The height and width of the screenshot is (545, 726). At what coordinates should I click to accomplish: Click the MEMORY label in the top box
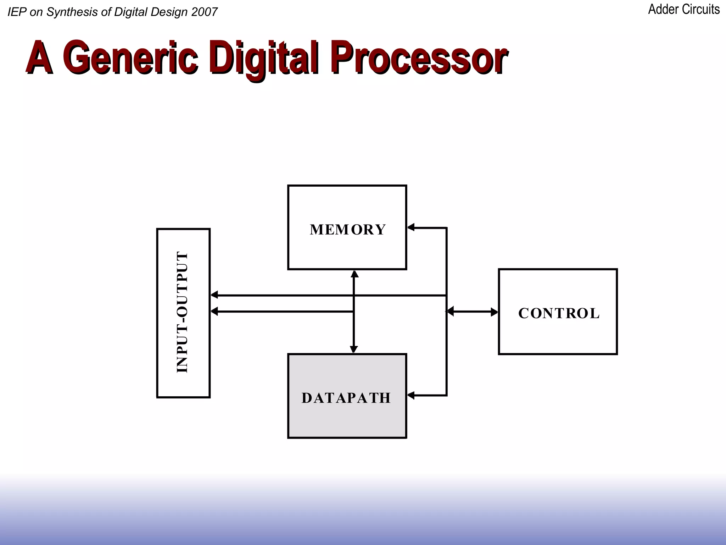point(347,230)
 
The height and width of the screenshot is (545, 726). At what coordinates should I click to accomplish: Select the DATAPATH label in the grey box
point(346,398)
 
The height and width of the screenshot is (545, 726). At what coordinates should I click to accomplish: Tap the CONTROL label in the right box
point(559,313)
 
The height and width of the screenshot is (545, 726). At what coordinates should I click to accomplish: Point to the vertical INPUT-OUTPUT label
point(182,312)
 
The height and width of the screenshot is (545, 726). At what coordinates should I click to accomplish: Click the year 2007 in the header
point(204,12)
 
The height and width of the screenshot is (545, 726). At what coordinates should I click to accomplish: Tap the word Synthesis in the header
point(72,12)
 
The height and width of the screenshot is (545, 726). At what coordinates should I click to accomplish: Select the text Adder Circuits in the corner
point(684,10)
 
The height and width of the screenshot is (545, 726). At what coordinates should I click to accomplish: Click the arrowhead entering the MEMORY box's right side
point(411,227)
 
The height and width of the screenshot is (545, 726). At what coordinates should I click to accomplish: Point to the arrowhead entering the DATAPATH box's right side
point(411,395)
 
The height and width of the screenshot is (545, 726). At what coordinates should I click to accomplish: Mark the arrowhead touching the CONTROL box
point(494,312)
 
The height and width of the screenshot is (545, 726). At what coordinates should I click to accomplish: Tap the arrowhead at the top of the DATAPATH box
point(354,349)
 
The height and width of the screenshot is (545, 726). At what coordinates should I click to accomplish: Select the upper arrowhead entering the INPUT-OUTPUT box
point(214,295)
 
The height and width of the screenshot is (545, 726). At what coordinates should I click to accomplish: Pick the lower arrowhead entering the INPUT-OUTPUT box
point(214,312)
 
